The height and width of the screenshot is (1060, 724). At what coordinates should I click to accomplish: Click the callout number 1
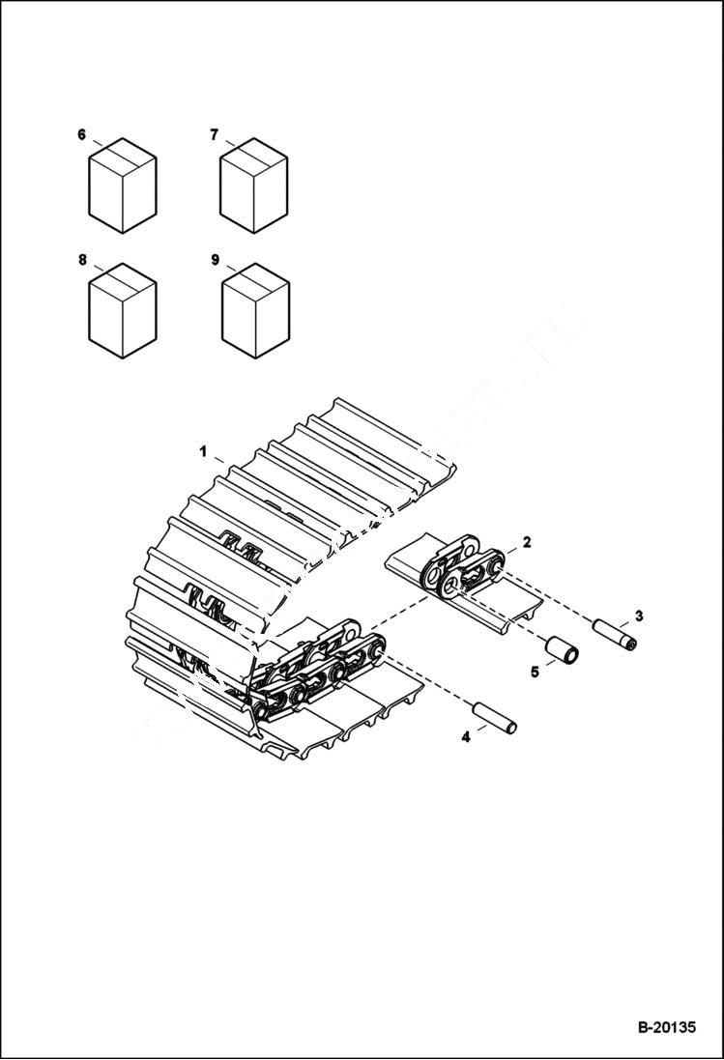(x=203, y=450)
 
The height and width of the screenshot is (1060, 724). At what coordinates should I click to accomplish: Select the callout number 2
(x=526, y=542)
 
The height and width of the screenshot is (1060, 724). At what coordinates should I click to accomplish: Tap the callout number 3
(x=637, y=616)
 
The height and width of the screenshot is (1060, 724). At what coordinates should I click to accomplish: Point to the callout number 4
(x=465, y=736)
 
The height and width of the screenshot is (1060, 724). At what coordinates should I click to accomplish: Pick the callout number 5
(x=535, y=671)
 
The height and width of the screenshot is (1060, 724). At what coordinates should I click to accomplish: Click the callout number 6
(x=82, y=134)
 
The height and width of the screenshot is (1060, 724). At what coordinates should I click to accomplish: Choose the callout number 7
(x=215, y=134)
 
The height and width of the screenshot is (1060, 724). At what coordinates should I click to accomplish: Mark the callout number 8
(x=82, y=260)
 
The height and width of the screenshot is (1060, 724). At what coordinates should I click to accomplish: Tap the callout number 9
(x=215, y=260)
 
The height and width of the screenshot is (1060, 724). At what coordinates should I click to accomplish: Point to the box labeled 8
(x=123, y=315)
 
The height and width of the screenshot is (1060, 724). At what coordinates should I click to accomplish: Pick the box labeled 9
(x=255, y=315)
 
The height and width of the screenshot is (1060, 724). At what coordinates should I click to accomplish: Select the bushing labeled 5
(x=563, y=650)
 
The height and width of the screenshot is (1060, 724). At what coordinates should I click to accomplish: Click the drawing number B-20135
(x=666, y=1028)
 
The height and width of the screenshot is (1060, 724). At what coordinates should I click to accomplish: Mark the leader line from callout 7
(x=231, y=144)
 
